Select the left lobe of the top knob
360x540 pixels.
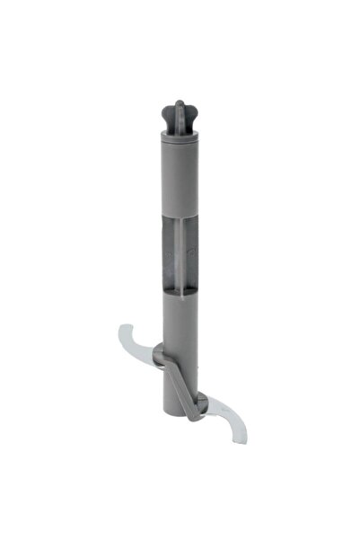tap(167, 115)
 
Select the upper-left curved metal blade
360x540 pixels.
tap(135, 341)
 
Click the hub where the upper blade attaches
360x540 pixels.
tap(157, 355)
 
